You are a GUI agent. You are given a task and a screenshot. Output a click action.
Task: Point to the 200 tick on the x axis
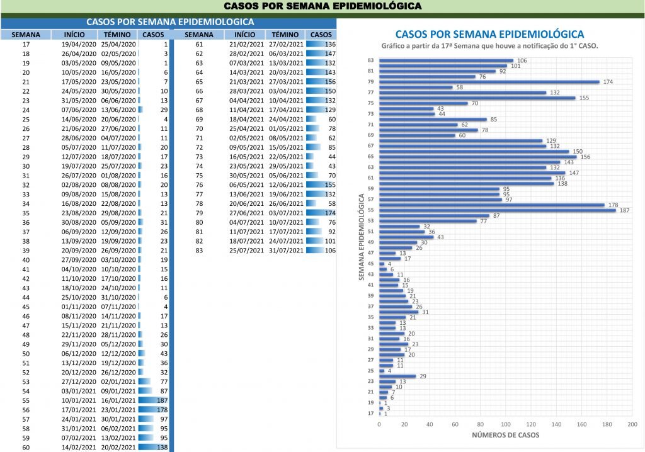coord(632,424)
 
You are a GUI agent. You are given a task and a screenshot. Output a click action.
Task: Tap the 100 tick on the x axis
coord(505,424)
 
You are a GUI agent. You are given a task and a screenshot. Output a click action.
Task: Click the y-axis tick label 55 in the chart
coord(371,210)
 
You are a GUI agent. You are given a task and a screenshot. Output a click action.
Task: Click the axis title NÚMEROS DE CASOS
coord(505,435)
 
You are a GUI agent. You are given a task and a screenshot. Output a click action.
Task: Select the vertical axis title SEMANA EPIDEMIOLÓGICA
coord(362,237)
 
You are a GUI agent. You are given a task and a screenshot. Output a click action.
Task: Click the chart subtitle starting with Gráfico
coord(489,47)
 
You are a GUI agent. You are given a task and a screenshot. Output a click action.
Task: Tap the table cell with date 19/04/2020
coord(79,45)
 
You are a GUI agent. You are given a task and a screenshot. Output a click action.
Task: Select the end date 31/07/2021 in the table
coord(287,251)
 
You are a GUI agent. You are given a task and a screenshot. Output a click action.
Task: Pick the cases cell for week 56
coord(155,410)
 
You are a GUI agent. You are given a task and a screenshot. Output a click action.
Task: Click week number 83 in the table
coord(199,251)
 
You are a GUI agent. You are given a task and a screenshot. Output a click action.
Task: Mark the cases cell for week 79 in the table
coord(321,213)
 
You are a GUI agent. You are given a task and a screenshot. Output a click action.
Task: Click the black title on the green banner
coord(322,6)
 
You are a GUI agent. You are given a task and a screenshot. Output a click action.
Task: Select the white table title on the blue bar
coord(170,21)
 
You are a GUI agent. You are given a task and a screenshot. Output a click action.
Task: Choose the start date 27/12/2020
coord(79,381)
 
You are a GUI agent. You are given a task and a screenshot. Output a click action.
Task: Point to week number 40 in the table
coord(26,260)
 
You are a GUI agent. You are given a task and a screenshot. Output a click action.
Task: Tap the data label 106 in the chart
coord(522,60)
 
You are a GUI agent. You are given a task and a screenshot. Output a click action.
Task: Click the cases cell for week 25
coord(155,119)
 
